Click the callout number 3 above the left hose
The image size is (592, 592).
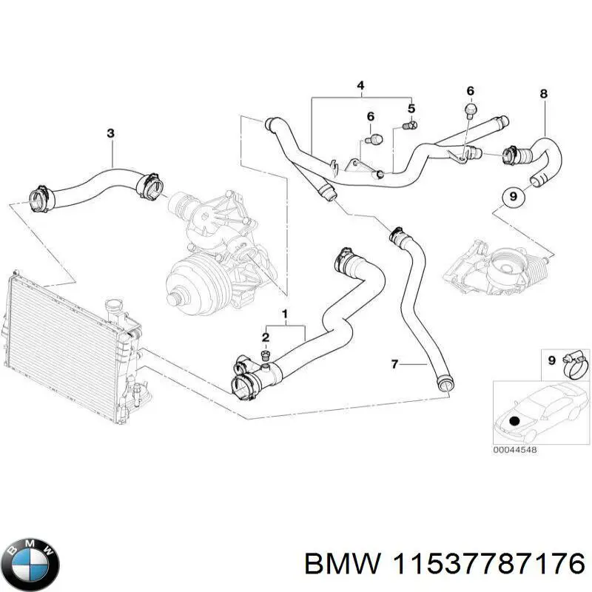(110, 134)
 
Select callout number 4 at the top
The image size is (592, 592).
(360, 87)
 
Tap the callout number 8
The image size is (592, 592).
(544, 94)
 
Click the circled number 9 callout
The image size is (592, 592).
(511, 198)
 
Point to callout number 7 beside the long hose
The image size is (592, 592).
(394, 363)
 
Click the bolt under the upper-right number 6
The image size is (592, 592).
(468, 110)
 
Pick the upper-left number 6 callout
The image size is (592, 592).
(371, 116)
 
